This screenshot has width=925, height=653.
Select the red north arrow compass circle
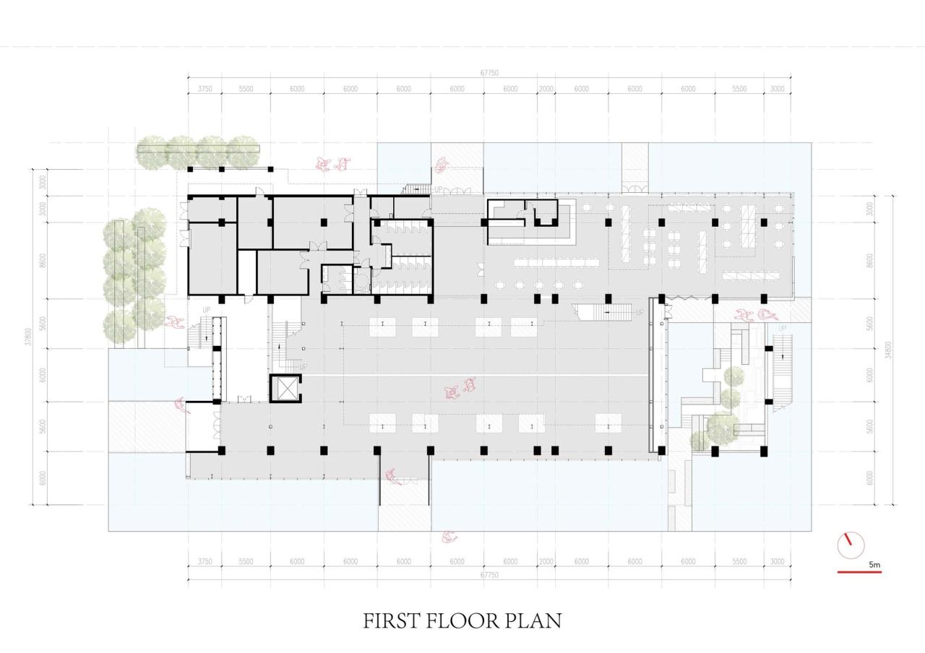coord(851,545)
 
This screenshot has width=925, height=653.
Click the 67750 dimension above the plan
coord(489,73)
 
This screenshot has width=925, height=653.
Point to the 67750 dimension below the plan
coord(489,575)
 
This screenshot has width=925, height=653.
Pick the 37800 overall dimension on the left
coord(28,337)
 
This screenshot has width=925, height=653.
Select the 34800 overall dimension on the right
coord(888,350)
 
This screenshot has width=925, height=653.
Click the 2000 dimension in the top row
coord(546,89)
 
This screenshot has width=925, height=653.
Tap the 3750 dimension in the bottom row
coord(205,561)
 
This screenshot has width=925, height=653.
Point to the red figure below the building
coord(449,537)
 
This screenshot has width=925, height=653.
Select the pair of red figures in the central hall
coord(460,389)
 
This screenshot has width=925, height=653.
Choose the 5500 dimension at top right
coord(739,89)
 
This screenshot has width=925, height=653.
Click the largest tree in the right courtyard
coord(722,428)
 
